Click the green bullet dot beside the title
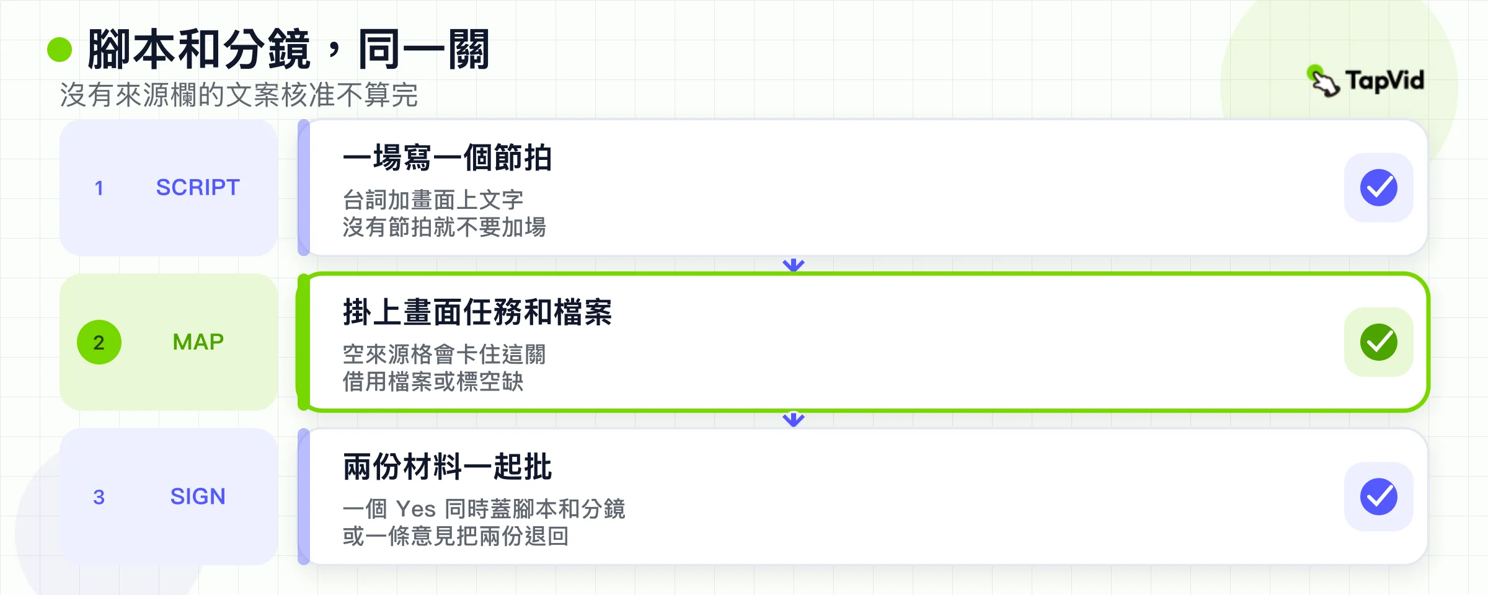point(60,50)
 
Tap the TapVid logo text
point(1384,81)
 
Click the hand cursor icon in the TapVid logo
point(1324,81)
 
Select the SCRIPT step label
point(198,187)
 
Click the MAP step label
point(198,342)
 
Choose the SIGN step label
point(198,496)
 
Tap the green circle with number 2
point(99,342)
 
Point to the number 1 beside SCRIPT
point(99,188)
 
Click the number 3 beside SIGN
point(99,497)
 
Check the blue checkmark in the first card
point(1379,188)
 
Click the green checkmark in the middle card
point(1379,342)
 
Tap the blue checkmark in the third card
point(1379,496)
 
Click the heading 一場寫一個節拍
point(447,157)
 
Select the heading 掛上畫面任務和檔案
point(477,312)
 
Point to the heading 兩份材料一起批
point(447,467)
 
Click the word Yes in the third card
point(416,509)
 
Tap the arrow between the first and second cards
point(794,264)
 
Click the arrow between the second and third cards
point(794,419)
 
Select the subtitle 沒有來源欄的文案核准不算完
point(239,95)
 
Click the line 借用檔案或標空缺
point(433,382)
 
